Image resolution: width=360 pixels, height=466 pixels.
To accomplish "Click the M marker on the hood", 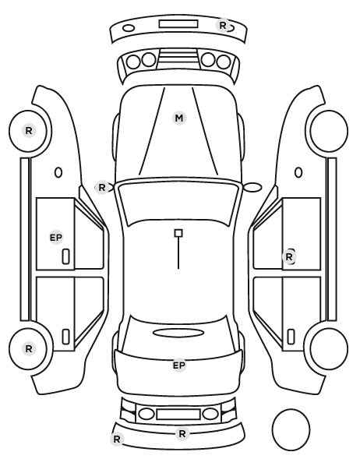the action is click(179, 118).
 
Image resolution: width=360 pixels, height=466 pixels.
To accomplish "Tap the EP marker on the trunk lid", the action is click(179, 365).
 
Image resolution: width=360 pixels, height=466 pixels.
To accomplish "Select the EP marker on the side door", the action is click(56, 238).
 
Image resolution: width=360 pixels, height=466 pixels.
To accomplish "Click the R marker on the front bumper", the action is click(223, 26).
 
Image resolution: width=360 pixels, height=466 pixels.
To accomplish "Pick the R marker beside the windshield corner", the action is click(102, 188).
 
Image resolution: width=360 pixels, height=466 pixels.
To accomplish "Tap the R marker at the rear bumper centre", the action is click(182, 433).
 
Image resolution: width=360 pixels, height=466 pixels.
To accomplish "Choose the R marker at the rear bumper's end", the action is click(117, 439).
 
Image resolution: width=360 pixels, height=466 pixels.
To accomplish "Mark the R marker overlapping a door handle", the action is click(289, 257).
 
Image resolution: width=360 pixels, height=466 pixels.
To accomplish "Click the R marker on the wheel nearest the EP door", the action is click(29, 130).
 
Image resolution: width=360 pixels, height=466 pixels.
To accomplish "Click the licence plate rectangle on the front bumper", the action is click(178, 24).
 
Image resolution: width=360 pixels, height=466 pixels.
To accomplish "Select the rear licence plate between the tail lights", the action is click(178, 414).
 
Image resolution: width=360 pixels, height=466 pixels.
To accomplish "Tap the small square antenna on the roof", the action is click(178, 233).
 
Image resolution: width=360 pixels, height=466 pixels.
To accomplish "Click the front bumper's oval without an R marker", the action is click(129, 28).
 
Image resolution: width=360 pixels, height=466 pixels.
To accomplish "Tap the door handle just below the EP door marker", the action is click(65, 256).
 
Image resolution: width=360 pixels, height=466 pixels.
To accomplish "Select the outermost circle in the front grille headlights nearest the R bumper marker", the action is click(224, 62).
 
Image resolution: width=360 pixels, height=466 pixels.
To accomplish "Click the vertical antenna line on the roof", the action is click(178, 253).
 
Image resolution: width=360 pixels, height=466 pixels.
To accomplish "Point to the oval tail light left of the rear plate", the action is click(146, 414).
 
